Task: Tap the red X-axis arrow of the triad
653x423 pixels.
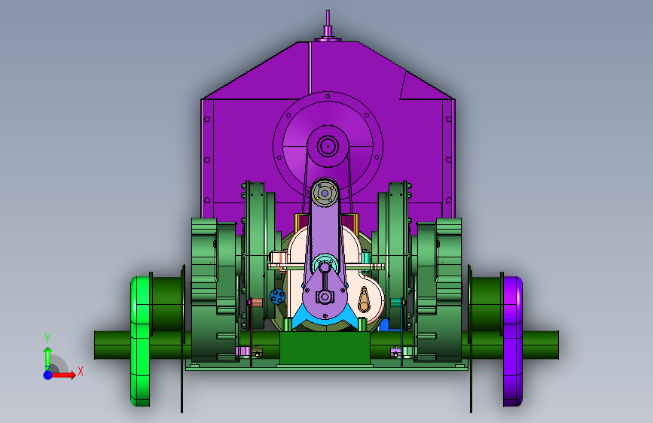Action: point(63,375)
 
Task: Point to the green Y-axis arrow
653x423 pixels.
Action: point(48,358)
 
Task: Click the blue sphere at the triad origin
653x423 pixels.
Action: point(48,375)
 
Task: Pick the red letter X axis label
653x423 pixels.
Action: point(81,371)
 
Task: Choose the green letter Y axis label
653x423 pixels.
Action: point(47,339)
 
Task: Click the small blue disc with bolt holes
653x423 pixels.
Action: point(277,297)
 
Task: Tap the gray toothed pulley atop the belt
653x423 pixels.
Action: point(325,193)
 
